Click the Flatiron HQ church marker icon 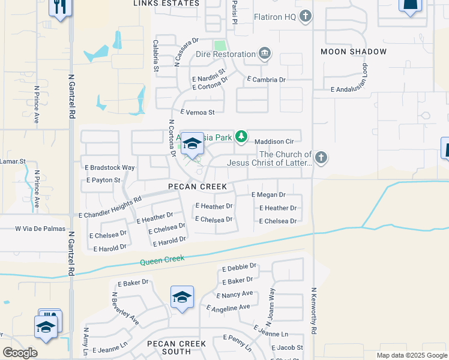click(x=306, y=16)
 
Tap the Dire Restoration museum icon click(x=264, y=55)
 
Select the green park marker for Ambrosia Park click(x=241, y=137)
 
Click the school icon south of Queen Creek click(x=182, y=297)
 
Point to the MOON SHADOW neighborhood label click(x=354, y=52)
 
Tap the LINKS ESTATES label click(x=166, y=4)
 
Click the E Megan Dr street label click(x=268, y=195)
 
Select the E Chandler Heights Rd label click(x=110, y=206)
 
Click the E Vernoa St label click(x=197, y=112)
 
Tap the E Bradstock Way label click(x=110, y=167)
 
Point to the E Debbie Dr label click(x=239, y=267)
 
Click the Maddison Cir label click(x=274, y=142)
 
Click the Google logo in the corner click(x=20, y=353)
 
